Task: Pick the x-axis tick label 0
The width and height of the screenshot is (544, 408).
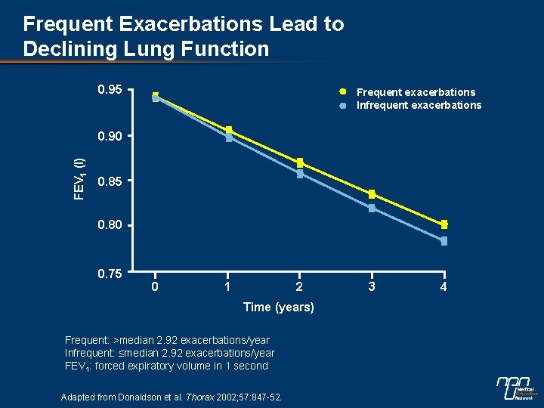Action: [x=155, y=287]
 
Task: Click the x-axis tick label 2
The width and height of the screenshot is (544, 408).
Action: [x=299, y=287]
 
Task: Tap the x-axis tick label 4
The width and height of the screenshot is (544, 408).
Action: [x=444, y=287]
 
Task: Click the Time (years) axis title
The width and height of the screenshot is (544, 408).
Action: [x=279, y=307]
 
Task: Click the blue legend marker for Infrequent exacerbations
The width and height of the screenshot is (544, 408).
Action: [x=342, y=106]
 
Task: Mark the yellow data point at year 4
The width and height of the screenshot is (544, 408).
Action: [x=444, y=224]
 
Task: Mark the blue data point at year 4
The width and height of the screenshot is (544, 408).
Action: [x=444, y=241]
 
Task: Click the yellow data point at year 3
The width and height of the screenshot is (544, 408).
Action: [x=372, y=194]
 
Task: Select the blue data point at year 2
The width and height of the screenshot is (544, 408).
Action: [x=300, y=174]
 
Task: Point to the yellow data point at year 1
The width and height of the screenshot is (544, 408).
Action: [x=229, y=131]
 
